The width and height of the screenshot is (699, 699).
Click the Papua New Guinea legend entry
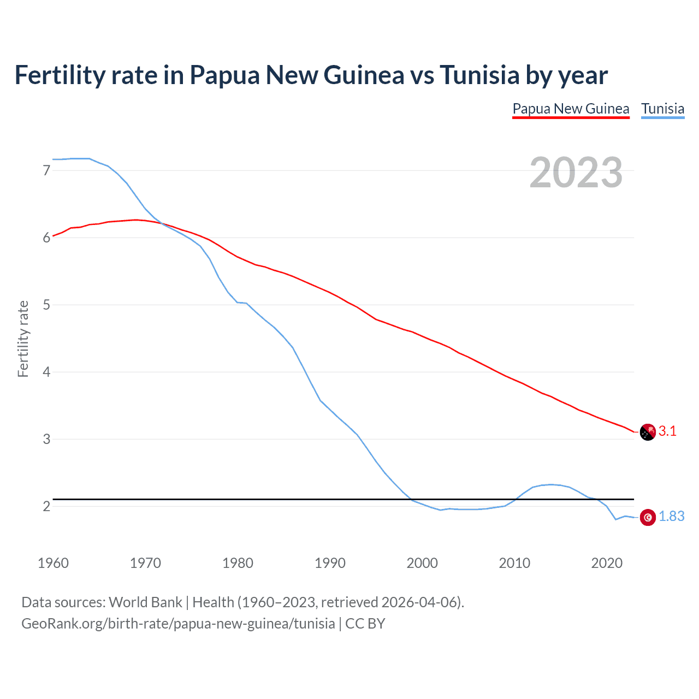(571, 109)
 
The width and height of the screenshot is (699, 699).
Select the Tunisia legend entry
(662, 109)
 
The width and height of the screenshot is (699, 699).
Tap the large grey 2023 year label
(576, 173)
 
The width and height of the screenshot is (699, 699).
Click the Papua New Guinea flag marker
(648, 432)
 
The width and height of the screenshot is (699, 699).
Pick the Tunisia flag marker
(648, 517)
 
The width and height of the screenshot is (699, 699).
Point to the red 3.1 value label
(667, 431)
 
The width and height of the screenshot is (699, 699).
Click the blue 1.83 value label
(671, 516)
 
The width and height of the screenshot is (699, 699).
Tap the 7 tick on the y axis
(46, 170)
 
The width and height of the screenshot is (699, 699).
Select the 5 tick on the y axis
(46, 305)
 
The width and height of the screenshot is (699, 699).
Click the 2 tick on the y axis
(46, 506)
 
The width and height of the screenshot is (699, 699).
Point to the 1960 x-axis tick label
(53, 563)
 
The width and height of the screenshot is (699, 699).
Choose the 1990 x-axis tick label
(330, 563)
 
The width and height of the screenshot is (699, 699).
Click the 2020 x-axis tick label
(607, 563)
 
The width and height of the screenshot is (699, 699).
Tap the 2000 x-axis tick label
(422, 563)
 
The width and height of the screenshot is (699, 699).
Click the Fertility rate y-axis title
(23, 339)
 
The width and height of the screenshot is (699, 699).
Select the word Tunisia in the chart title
(479, 75)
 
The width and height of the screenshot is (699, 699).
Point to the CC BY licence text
(365, 624)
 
